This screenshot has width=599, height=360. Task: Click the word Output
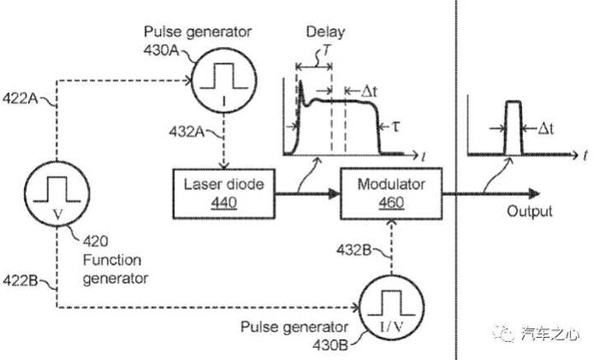point(528,212)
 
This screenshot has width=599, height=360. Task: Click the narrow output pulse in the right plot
point(513,128)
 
